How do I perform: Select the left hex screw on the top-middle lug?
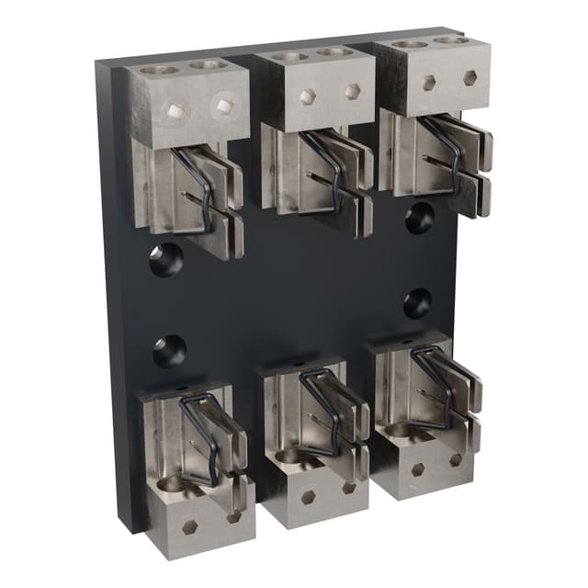pos(308,96)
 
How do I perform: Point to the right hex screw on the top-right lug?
pos(469,77)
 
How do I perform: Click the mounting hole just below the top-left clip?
pos(166,259)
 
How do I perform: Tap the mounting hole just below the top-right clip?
pos(419,218)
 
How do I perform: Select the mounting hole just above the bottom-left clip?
pos(169,351)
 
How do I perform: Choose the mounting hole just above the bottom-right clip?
pos(417,302)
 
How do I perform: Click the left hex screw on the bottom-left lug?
pos(189,526)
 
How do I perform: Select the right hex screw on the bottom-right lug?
pos(455,459)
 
